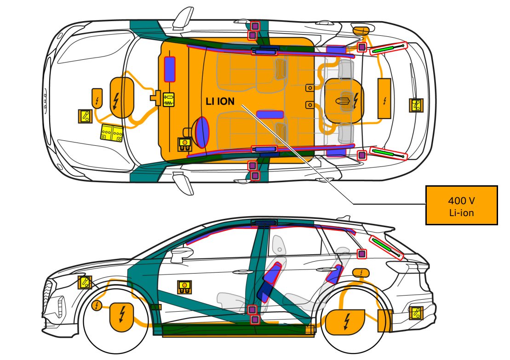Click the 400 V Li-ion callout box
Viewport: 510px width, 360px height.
[461, 205]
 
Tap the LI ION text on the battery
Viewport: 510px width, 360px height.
[220, 102]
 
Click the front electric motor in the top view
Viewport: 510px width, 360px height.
[122, 97]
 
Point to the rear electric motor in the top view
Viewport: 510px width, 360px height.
[344, 101]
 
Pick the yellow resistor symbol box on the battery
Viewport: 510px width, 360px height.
[169, 100]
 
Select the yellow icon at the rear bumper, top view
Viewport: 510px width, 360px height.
[416, 105]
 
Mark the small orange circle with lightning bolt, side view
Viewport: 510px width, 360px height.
[97, 305]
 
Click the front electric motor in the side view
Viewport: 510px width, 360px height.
[121, 317]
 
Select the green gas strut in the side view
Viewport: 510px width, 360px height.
[387, 247]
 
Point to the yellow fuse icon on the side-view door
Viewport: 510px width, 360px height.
[184, 287]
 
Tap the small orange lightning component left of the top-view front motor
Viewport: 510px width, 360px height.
[97, 98]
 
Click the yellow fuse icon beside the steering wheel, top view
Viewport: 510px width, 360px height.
[185, 144]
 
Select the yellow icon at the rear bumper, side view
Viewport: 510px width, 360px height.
[417, 313]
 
